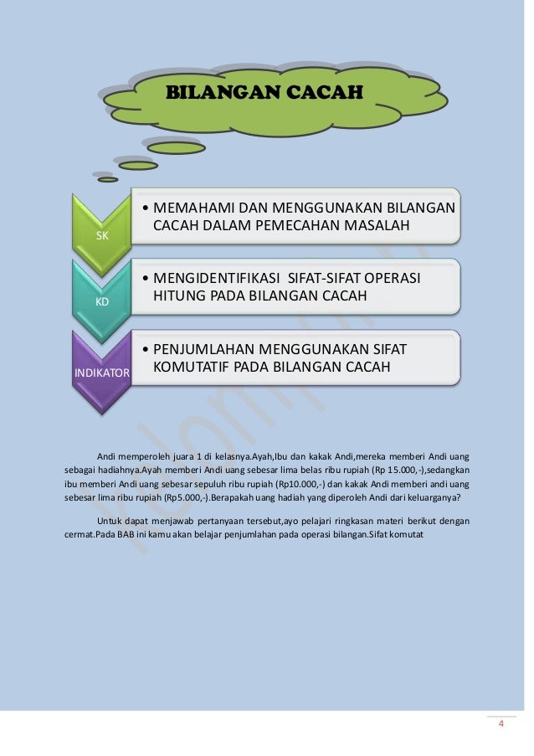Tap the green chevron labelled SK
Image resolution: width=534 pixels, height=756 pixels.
point(102,235)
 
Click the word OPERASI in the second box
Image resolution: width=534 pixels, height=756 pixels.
point(389,278)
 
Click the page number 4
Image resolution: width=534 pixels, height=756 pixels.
point(501,724)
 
